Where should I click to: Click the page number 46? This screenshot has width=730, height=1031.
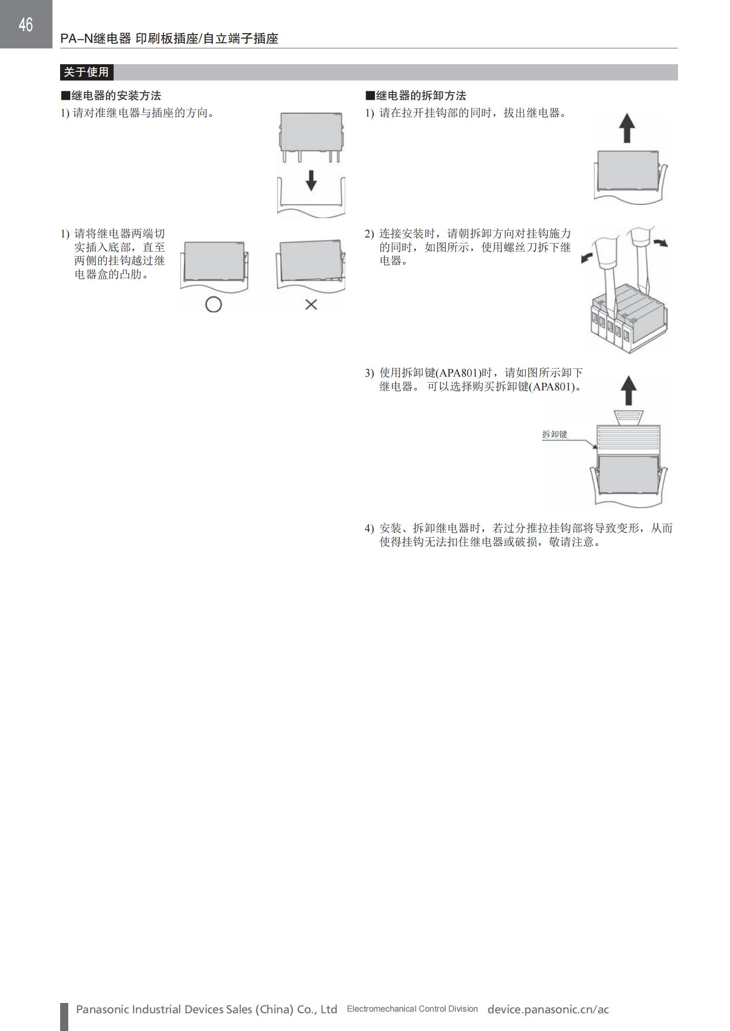tap(25, 24)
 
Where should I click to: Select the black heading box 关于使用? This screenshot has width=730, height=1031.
tap(87, 72)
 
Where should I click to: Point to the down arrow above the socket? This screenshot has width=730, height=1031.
tap(311, 180)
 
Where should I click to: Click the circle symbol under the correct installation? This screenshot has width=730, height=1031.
tap(213, 305)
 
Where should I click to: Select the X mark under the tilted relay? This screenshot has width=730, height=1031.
tap(311, 305)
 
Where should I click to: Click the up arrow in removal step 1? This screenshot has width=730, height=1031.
tap(627, 127)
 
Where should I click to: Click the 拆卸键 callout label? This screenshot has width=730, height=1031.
tap(554, 435)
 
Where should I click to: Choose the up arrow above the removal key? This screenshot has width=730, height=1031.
tap(630, 390)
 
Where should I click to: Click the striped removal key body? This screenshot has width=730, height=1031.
tap(629, 438)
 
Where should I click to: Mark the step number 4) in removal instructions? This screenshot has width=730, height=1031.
tap(369, 528)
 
